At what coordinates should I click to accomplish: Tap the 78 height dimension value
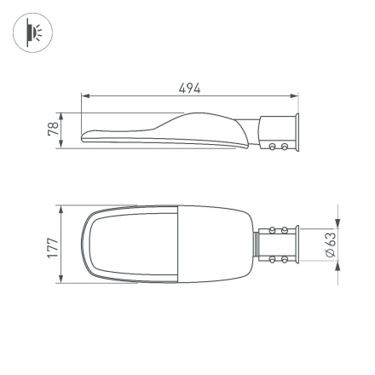tap(53, 130)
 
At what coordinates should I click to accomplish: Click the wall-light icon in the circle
tap(33, 32)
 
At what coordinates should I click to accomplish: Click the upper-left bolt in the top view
tap(274, 230)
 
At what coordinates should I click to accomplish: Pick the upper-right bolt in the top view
tap(283, 230)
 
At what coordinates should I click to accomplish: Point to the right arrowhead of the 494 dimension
tap(297, 96)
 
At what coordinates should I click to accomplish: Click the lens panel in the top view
tap(132, 244)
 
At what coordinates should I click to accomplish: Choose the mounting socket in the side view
tap(278, 135)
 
